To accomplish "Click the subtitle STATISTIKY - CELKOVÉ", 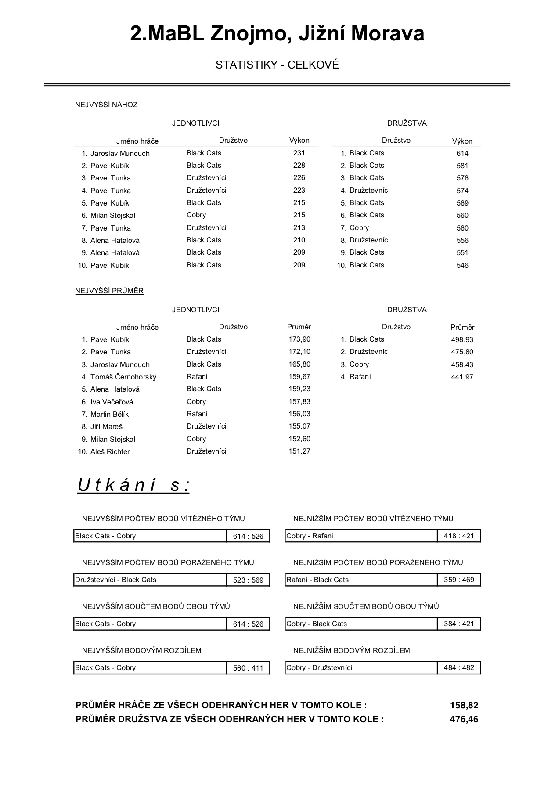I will (277, 65).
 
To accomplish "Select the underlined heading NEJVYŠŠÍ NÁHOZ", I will (106, 105).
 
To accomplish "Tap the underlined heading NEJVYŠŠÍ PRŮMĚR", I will (109, 291).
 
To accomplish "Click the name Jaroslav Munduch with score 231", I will (120, 153).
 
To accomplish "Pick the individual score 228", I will (299, 166).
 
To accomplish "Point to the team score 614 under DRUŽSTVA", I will (462, 153).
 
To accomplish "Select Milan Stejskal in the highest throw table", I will (113, 215).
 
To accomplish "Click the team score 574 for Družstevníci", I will (462, 191).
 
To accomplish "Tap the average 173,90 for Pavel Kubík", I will (299, 339).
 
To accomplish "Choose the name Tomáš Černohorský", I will (123, 377).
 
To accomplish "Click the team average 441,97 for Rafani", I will (462, 377).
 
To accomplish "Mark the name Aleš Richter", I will (110, 451).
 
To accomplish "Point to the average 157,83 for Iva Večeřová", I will (299, 402).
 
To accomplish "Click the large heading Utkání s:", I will (133, 485).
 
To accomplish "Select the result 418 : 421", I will (459, 536).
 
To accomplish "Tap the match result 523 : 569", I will (248, 580).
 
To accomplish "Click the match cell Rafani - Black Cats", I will (317, 580).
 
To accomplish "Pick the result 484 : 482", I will (459, 668).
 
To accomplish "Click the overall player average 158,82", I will (464, 705).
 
